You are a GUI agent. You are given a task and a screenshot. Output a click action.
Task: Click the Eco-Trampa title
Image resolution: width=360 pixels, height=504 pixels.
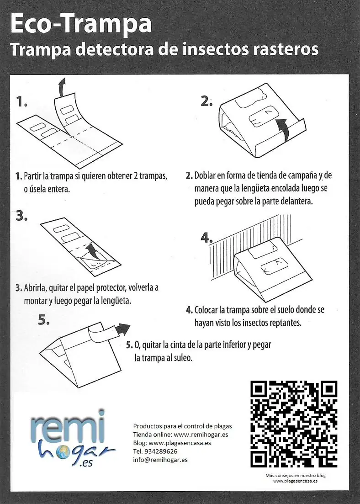80,24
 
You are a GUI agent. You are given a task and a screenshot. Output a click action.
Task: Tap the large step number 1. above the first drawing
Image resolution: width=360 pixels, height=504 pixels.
21,101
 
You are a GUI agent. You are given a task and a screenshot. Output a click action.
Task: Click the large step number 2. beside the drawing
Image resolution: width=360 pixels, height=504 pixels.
206,101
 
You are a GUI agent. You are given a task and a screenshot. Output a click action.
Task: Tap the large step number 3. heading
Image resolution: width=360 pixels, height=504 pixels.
21,216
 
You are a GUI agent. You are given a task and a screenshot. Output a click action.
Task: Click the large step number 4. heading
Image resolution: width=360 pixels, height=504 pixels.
207,238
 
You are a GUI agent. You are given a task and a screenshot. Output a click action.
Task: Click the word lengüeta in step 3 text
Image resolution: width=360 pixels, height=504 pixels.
115,301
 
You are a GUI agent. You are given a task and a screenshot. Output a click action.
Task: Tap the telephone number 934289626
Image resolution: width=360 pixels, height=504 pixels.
162,451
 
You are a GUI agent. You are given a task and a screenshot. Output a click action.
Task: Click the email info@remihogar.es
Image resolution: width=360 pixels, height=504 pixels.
160,460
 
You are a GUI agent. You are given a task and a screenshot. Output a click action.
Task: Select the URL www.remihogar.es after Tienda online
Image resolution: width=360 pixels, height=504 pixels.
201,434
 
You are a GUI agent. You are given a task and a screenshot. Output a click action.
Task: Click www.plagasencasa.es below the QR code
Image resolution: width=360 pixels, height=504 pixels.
295,481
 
